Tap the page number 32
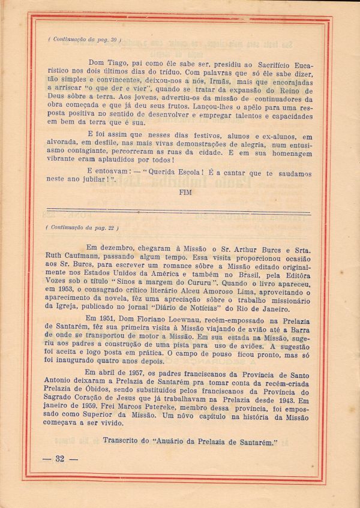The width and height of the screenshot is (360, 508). click(59, 459)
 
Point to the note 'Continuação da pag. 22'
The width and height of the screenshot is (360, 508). click(82, 227)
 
